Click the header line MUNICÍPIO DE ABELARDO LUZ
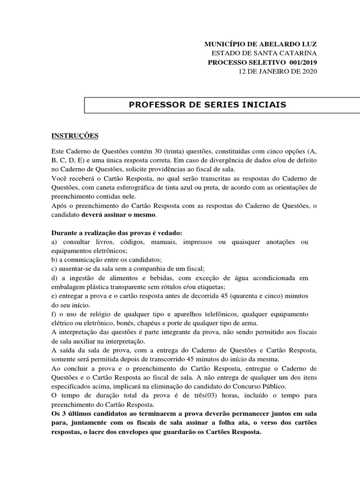(x=261, y=44)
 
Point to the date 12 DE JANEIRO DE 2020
(x=277, y=71)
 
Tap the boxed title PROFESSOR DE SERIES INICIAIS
(x=207, y=105)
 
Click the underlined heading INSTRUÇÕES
(x=75, y=136)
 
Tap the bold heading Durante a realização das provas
(x=116, y=232)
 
